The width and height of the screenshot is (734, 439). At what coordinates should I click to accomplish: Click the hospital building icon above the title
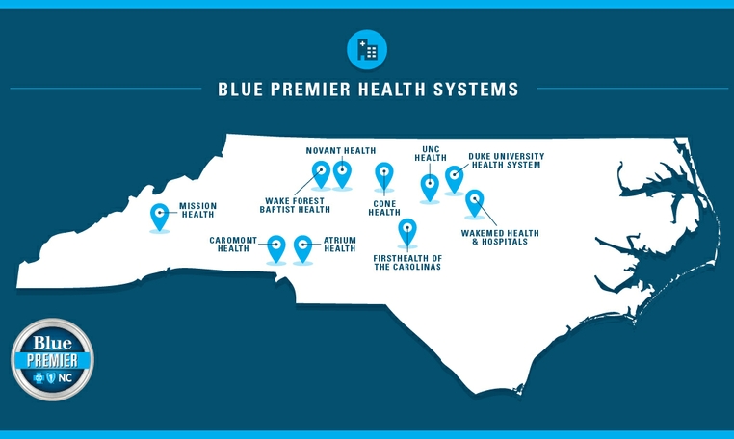366,49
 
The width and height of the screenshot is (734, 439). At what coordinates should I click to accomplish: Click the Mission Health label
198,210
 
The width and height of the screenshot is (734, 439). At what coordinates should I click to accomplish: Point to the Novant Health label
340,151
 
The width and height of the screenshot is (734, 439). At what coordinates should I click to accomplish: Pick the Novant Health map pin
342,172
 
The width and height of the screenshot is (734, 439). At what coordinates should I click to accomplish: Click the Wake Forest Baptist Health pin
322,173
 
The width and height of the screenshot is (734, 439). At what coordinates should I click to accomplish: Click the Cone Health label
383,208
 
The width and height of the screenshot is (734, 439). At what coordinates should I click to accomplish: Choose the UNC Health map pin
430,185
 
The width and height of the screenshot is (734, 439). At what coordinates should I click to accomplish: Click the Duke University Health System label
506,160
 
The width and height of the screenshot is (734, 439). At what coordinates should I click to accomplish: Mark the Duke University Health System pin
454,177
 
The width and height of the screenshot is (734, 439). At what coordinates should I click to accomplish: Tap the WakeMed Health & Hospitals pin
474,201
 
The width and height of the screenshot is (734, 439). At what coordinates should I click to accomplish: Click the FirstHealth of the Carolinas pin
407,231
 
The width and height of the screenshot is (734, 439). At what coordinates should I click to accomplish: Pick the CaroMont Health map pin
276,246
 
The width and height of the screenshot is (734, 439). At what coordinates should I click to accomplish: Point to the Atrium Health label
340,245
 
